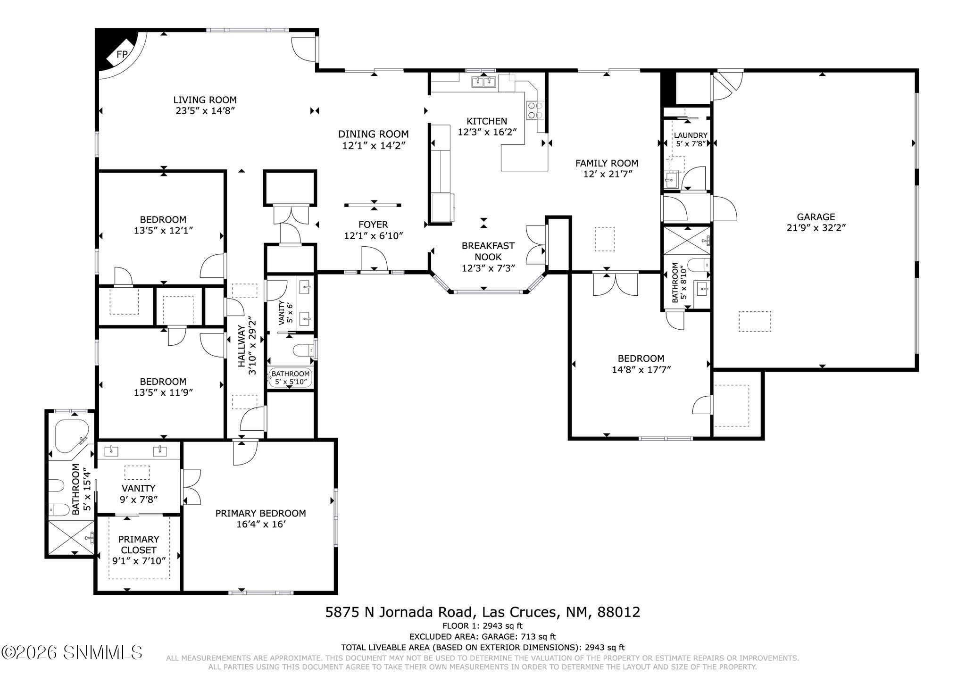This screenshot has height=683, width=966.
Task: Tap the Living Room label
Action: pyautogui.click(x=205, y=100)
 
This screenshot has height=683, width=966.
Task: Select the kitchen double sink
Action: pyautogui.click(x=484, y=83)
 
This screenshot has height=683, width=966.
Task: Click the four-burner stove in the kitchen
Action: pyautogui.click(x=535, y=110)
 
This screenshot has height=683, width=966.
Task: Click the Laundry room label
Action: pyautogui.click(x=690, y=135)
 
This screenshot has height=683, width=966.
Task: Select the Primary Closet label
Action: pyautogui.click(x=138, y=544)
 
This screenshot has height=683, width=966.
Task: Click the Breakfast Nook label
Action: pyautogui.click(x=488, y=251)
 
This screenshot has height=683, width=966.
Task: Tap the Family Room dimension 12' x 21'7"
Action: pyautogui.click(x=607, y=174)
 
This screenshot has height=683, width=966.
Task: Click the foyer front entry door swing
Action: pyautogui.click(x=374, y=259)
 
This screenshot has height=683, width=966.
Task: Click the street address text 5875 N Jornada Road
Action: pyautogui.click(x=399, y=612)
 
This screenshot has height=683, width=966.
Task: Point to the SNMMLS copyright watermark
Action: pyautogui.click(x=72, y=653)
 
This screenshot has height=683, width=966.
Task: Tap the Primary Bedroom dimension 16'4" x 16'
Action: pyautogui.click(x=260, y=524)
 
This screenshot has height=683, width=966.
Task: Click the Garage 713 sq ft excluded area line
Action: pyautogui.click(x=483, y=637)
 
